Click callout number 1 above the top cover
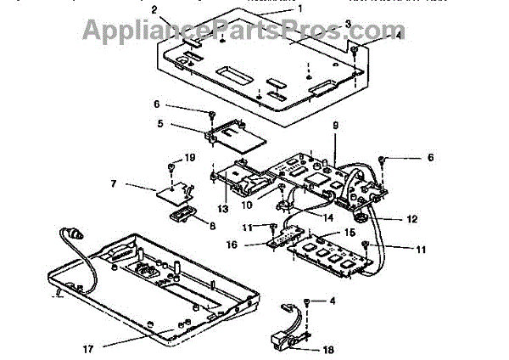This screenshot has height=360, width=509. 299,8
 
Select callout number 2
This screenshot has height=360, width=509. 154,9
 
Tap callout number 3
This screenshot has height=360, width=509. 324,23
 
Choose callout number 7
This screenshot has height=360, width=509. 114,183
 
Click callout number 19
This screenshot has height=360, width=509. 189,157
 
